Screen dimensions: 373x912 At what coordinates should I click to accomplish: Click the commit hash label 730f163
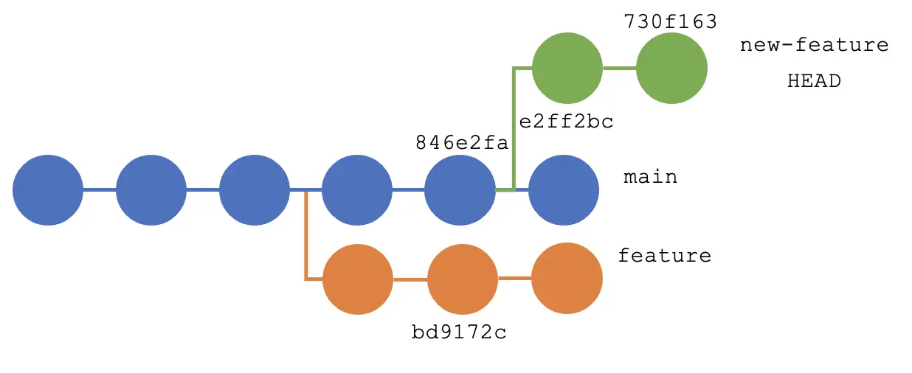(x=670, y=21)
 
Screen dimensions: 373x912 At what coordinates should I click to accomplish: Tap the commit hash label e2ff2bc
(x=566, y=122)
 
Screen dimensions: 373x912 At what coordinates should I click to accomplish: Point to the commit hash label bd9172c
(x=459, y=332)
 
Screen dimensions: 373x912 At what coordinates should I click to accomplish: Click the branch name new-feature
(x=814, y=45)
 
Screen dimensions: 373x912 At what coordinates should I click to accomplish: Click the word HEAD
(x=814, y=81)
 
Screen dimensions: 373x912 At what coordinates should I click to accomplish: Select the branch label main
(x=650, y=178)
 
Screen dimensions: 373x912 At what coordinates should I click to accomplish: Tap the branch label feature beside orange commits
(x=664, y=256)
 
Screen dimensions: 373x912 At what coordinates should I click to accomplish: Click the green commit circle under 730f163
(x=671, y=68)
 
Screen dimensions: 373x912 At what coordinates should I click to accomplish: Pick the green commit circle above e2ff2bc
(x=567, y=68)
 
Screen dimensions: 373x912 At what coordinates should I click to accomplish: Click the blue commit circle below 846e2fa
(x=460, y=189)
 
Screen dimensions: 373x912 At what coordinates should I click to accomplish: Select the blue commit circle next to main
(x=564, y=189)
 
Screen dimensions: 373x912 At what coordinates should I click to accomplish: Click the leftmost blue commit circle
(x=48, y=189)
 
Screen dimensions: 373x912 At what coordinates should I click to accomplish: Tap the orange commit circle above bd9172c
(x=463, y=279)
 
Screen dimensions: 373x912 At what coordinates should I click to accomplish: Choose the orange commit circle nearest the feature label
(x=567, y=278)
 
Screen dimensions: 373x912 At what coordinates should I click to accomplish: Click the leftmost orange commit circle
(x=358, y=279)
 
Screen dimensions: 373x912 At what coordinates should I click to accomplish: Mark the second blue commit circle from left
(x=151, y=189)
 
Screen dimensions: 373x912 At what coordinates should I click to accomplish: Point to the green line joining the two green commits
(x=619, y=68)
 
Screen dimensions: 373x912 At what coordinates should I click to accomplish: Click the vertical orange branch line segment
(x=305, y=236)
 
